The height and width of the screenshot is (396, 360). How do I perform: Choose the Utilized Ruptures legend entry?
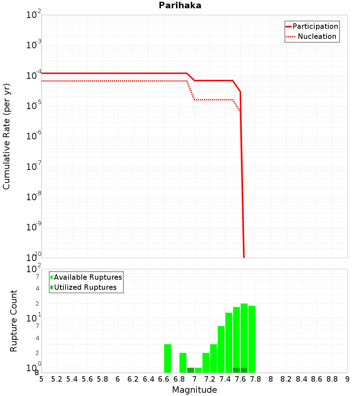coord(85,288)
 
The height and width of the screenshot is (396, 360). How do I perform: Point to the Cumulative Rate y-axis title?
coord(6,136)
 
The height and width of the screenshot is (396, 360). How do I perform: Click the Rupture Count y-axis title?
coord(14,321)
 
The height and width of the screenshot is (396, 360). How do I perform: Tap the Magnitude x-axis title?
coord(194,390)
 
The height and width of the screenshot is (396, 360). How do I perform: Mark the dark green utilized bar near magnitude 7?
coord(190,370)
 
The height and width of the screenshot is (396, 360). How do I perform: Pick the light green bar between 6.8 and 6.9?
coord(183,363)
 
